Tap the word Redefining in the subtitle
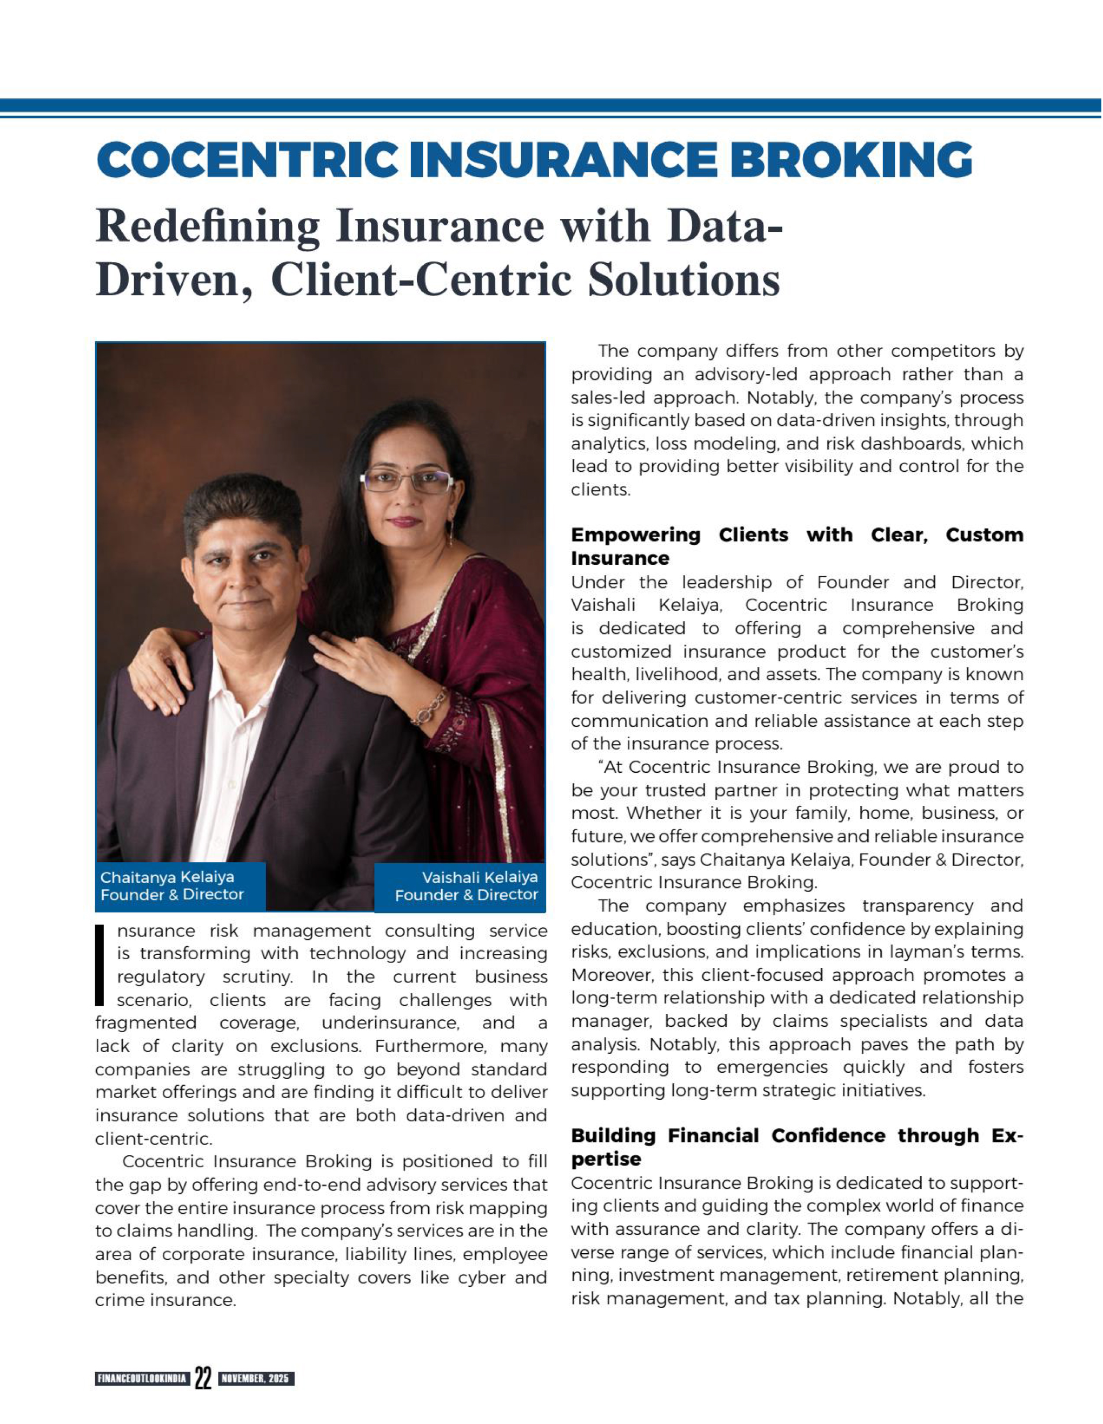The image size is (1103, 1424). click(208, 226)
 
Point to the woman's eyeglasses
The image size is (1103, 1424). click(407, 480)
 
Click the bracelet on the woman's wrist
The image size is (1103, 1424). click(429, 707)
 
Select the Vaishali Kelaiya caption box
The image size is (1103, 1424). click(460, 885)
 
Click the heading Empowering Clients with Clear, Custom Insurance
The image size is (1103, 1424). click(796, 546)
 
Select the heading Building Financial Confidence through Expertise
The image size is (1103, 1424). click(796, 1147)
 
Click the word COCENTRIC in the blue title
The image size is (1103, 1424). click(247, 161)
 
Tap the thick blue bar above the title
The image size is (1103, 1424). click(551, 105)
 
